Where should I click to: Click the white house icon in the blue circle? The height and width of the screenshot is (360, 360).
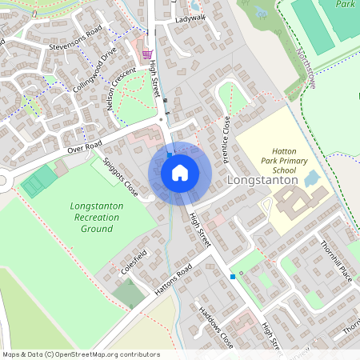tap(180, 173)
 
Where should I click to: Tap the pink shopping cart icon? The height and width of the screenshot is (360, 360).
tap(147, 54)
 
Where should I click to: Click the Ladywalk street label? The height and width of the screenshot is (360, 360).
tap(191, 18)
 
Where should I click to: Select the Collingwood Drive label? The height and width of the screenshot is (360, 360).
tap(94, 70)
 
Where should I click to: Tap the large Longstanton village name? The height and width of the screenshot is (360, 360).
tap(262, 181)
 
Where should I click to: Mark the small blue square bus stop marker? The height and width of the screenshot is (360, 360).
tap(233, 277)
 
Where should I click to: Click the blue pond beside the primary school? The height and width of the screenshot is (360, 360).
tap(313, 178)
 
